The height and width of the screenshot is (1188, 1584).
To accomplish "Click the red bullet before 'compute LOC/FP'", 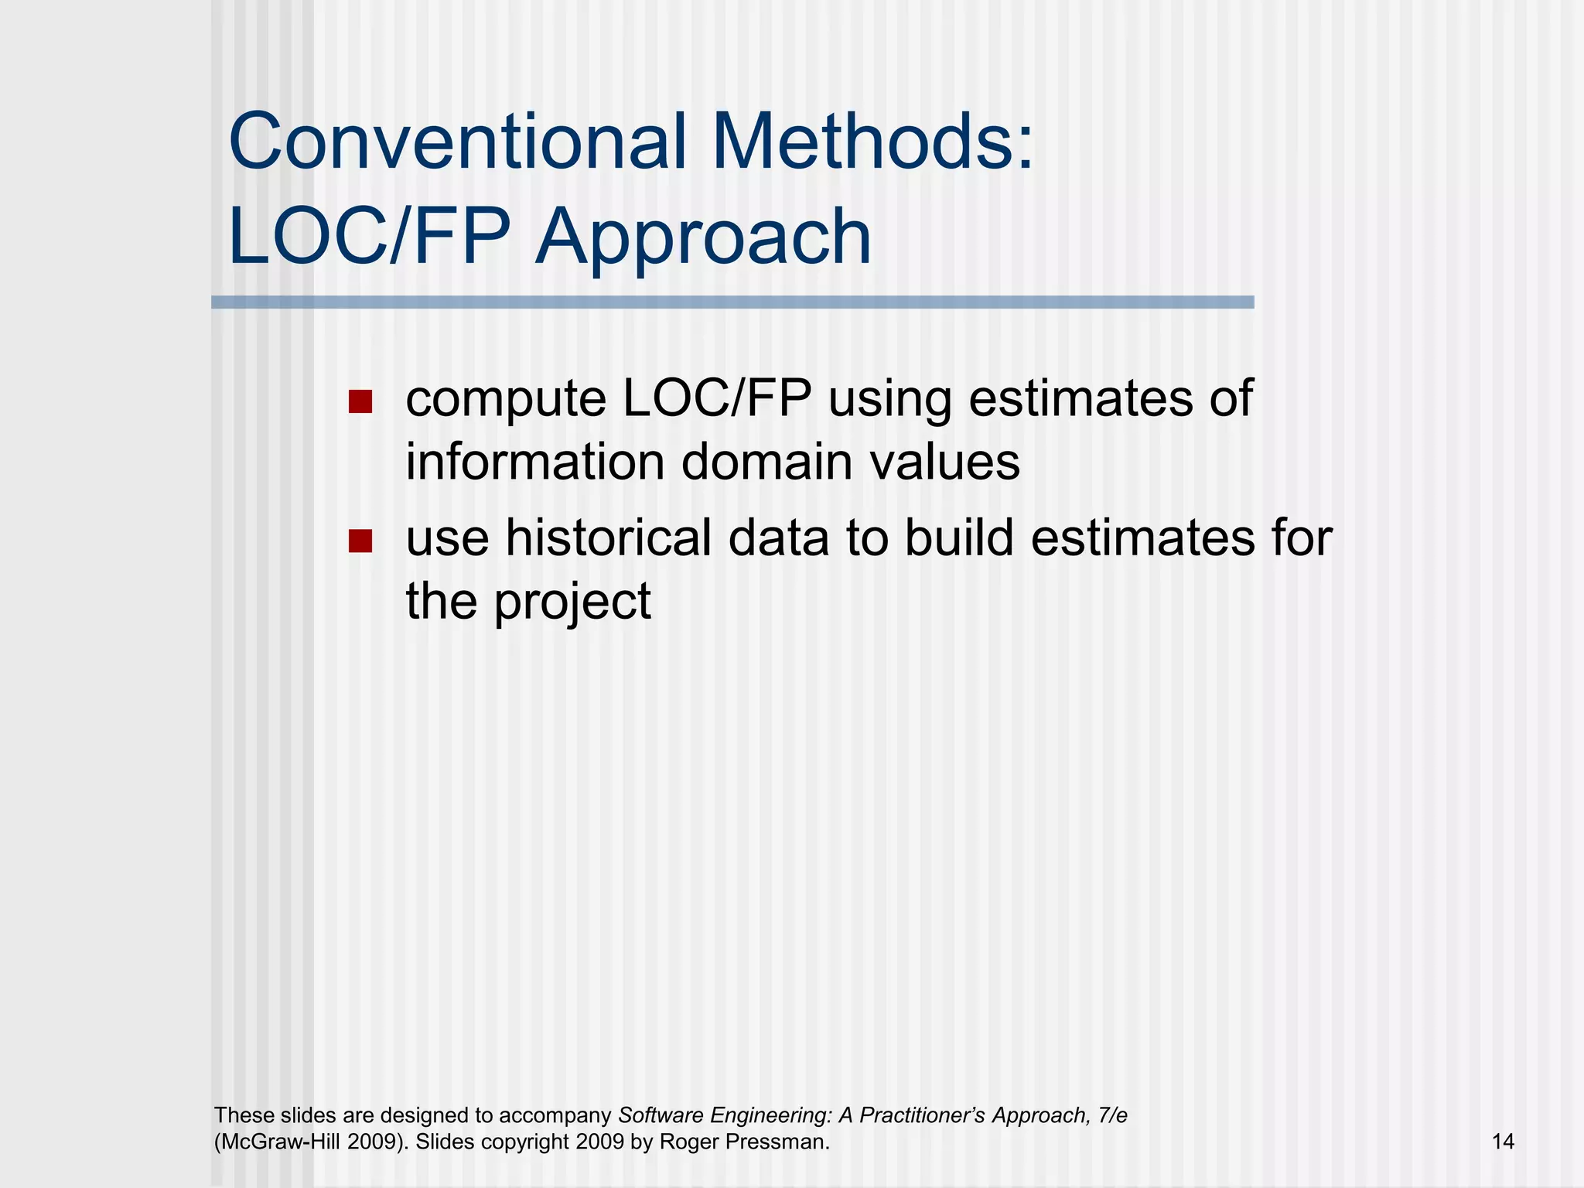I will coord(360,401).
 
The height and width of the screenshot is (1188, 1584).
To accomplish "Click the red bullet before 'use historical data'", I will coord(360,541).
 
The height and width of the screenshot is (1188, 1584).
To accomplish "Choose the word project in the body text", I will coord(572,603).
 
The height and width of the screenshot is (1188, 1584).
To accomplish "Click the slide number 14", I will coord(1502,1142).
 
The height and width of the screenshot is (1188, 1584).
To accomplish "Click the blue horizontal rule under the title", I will coord(732,302).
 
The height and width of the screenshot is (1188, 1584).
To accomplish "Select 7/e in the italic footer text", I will coord(1112,1115).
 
